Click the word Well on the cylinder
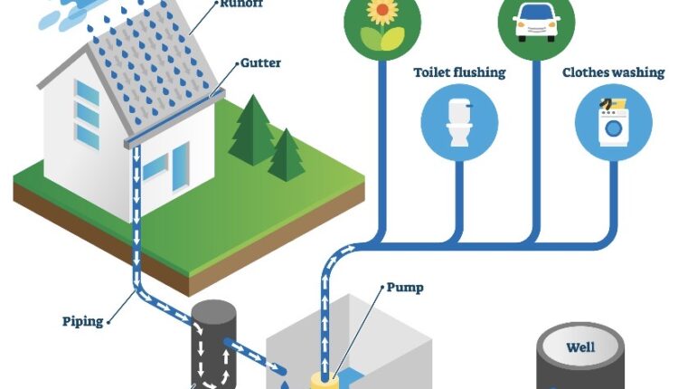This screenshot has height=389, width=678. (x=580, y=347)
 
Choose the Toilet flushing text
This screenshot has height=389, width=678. (x=458, y=71)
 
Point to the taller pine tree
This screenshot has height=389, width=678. (x=250, y=131)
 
